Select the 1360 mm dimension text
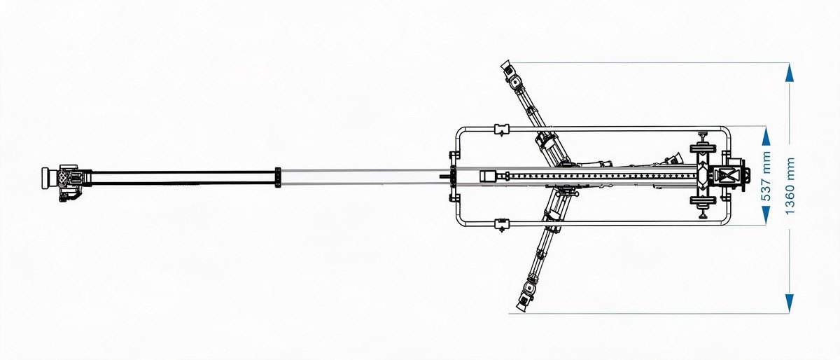(790, 186)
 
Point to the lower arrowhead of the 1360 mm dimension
(790, 303)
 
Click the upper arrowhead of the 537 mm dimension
(766, 137)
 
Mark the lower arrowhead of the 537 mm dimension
(766, 216)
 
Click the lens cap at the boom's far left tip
(46, 177)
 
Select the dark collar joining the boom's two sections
(278, 178)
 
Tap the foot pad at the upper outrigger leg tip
(506, 67)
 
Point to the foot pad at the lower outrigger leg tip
(522, 302)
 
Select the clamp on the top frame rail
(502, 129)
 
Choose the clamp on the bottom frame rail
(502, 225)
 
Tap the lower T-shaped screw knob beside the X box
(702, 206)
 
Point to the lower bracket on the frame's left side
(454, 198)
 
